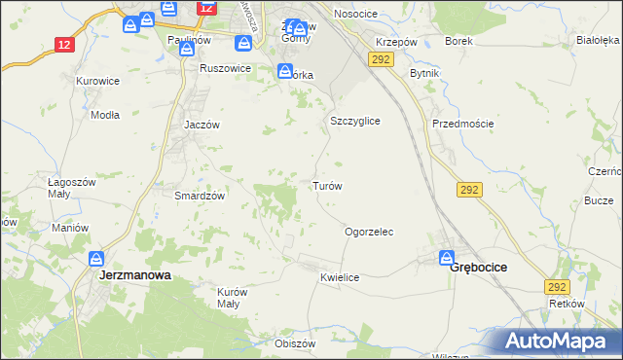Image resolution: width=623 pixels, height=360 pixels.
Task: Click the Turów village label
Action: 326,186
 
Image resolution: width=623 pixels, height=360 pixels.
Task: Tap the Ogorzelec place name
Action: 369,233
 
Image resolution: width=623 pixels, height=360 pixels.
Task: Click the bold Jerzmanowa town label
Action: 135,275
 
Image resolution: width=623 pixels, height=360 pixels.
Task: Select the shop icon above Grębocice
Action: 447,258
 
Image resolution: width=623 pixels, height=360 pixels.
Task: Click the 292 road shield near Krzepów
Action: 381,60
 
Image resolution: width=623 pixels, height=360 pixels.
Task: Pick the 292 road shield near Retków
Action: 556,287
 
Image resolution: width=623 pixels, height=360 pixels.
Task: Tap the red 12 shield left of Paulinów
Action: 64,45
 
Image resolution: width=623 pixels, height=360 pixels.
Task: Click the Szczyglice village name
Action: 354,121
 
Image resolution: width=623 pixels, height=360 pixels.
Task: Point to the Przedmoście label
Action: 463,124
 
